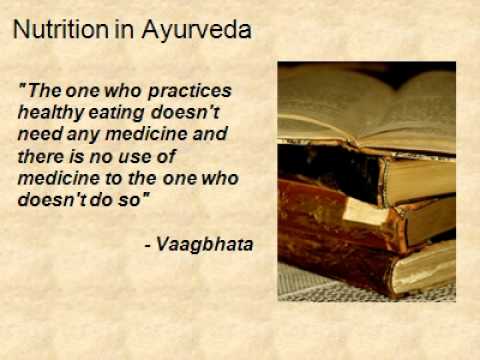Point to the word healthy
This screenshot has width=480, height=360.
pos(48,110)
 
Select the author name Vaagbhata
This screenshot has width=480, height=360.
pos(211,243)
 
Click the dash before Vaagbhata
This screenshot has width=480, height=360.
pos(160,244)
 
